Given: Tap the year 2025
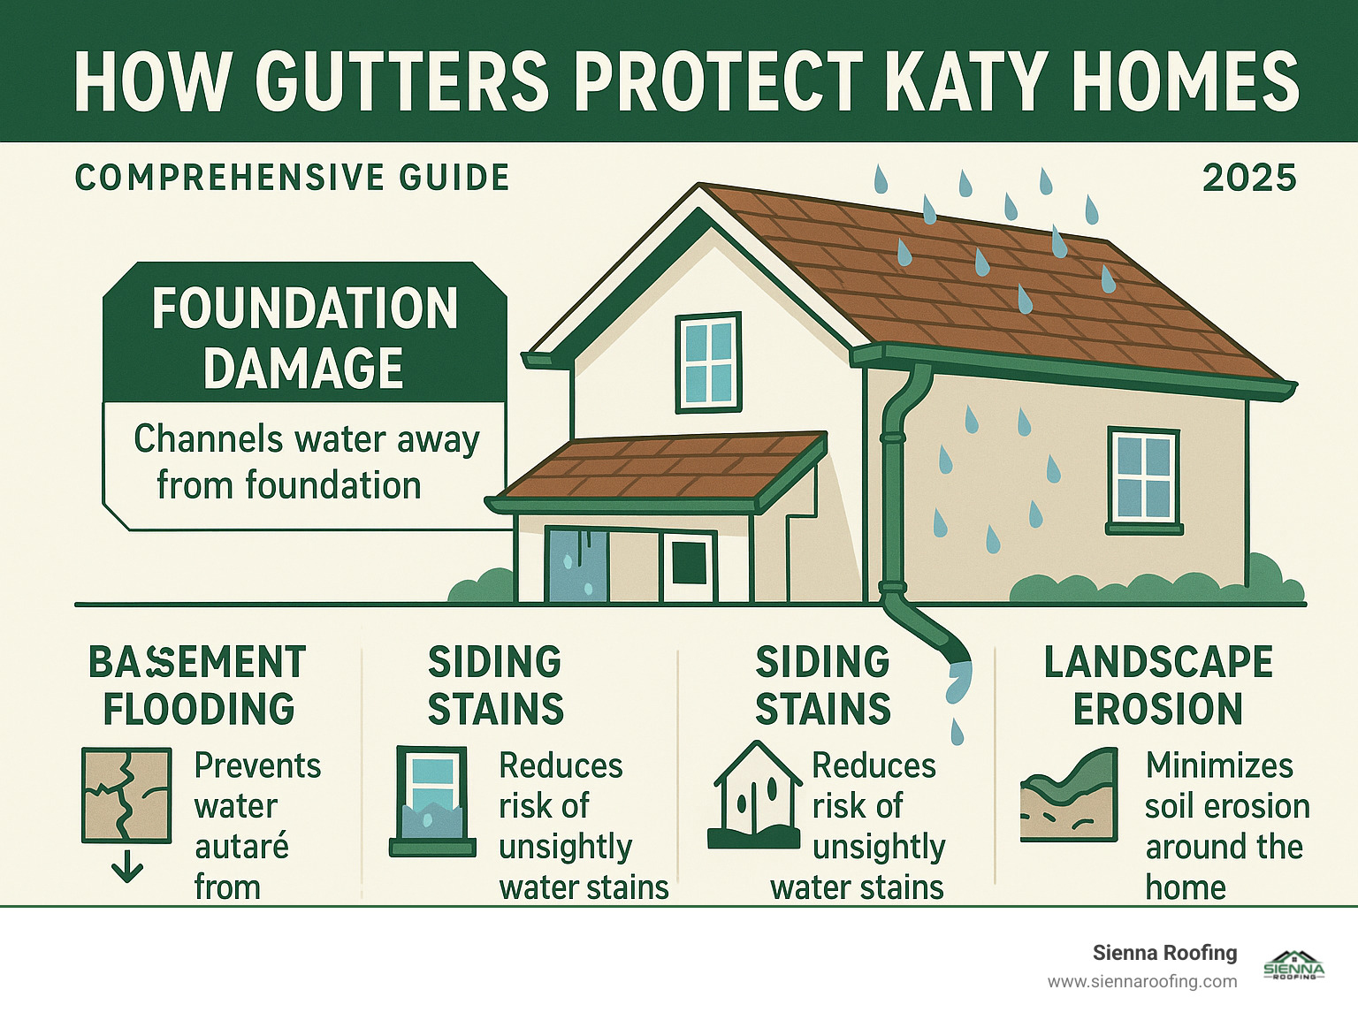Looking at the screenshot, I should tap(1248, 178).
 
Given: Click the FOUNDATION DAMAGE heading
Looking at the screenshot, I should tap(304, 338).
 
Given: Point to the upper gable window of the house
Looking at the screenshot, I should tap(708, 362).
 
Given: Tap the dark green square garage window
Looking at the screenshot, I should tap(689, 563).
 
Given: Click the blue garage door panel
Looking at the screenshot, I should tap(576, 566).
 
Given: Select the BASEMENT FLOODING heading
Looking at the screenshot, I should tap(198, 685).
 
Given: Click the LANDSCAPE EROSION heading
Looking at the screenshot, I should tap(1158, 685).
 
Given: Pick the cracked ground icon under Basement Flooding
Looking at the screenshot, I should tap(126, 795).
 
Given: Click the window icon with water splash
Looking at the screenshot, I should tap(428, 801).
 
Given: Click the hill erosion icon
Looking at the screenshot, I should tap(1069, 795).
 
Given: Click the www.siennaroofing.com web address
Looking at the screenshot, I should tap(1142, 982).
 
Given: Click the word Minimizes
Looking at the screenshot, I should tap(1219, 765).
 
